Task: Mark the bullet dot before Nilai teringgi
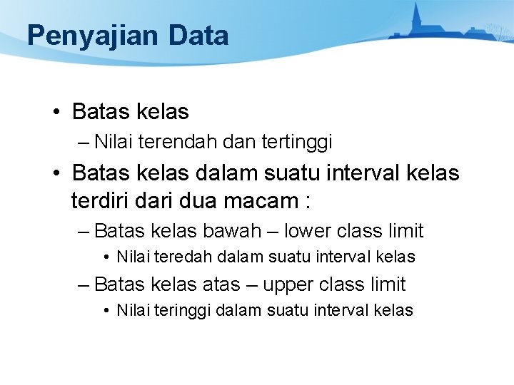coord(106,310)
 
